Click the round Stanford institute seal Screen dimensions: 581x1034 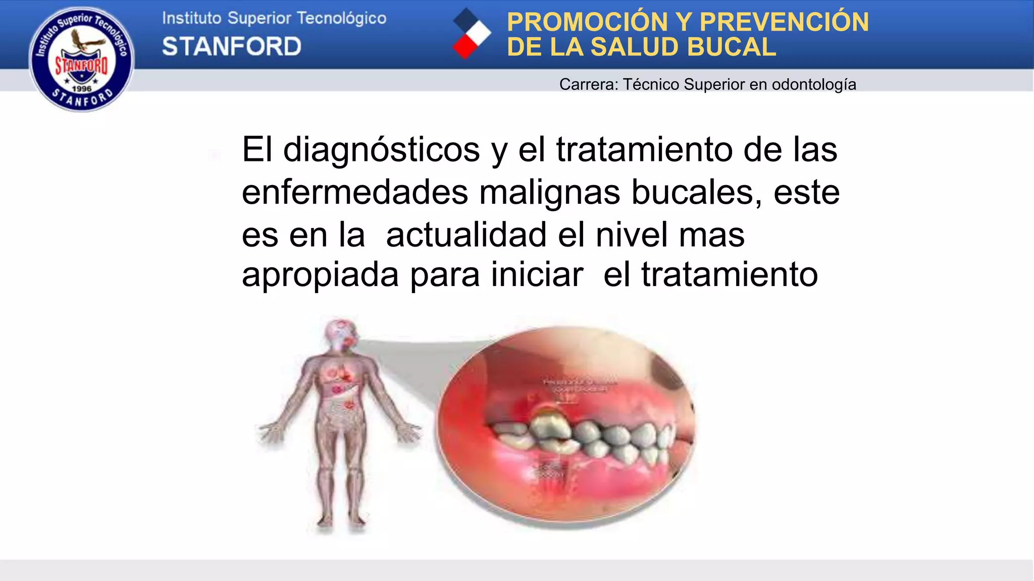[82, 59]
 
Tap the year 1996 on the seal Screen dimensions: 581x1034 [82, 89]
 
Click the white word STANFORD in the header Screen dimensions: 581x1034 [232, 47]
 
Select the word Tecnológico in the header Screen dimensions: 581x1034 [341, 19]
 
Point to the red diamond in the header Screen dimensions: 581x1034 [465, 46]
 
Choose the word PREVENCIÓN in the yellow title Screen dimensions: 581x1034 [784, 22]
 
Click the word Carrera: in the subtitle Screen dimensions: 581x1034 [589, 84]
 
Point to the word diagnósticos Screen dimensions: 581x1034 [381, 150]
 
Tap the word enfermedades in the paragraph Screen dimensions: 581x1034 [355, 192]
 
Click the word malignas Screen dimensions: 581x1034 [549, 193]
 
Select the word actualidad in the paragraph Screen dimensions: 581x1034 [466, 235]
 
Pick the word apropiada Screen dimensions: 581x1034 [320, 275]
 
